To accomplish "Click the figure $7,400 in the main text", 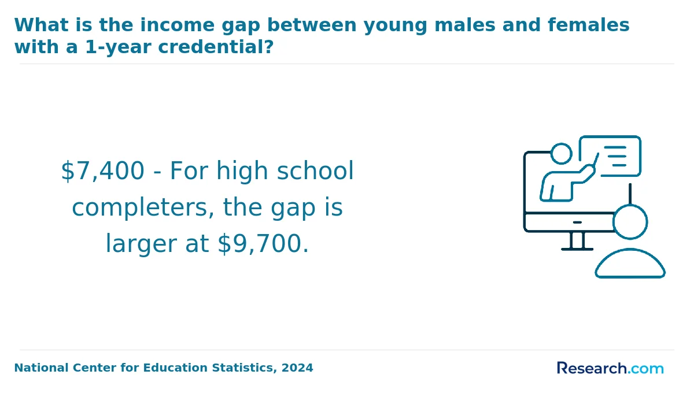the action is click(x=102, y=170).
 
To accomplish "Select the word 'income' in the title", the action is click(x=178, y=25).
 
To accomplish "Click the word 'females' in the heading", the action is click(x=589, y=25).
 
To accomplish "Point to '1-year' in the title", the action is click(x=118, y=47).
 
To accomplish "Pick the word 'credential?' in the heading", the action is click(x=216, y=47).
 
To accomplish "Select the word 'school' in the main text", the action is click(x=315, y=170).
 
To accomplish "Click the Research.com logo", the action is click(x=610, y=368).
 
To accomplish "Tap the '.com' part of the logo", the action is click(x=645, y=369).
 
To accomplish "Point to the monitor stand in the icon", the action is click(x=577, y=241).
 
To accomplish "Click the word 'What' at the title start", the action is click(x=41, y=25).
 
